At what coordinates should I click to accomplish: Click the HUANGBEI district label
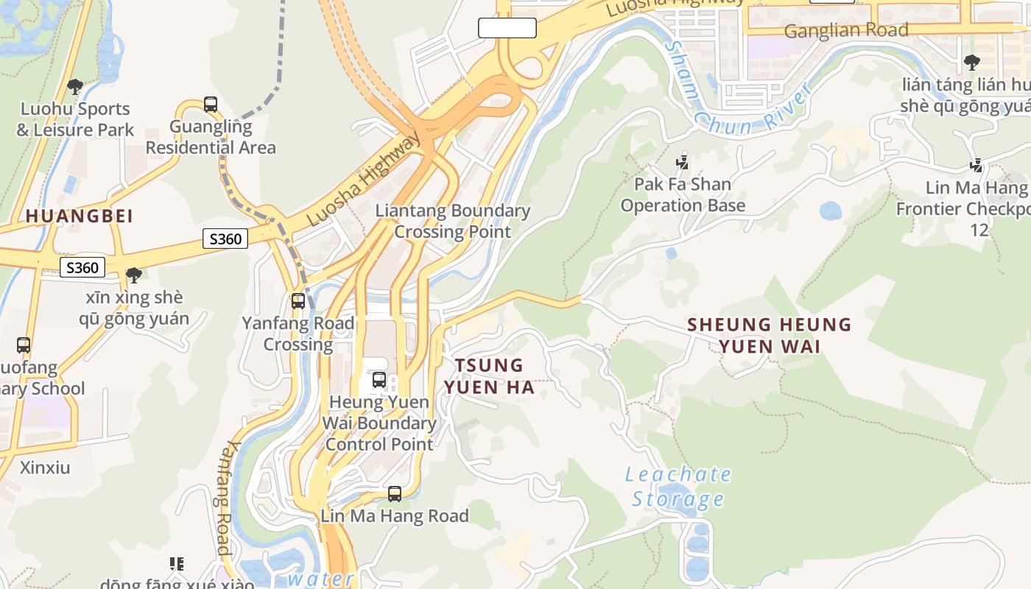pyautogui.click(x=80, y=216)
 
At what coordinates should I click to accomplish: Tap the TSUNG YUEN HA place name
pyautogui.click(x=489, y=375)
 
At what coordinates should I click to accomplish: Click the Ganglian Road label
pyautogui.click(x=846, y=31)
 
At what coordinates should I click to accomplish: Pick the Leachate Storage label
pyautogui.click(x=678, y=487)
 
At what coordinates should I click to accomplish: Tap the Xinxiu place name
pyautogui.click(x=45, y=468)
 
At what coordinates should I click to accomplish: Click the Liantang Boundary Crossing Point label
pyautogui.click(x=453, y=221)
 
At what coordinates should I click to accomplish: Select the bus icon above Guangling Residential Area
pyautogui.click(x=211, y=105)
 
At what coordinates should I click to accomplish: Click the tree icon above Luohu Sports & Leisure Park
pyautogui.click(x=74, y=87)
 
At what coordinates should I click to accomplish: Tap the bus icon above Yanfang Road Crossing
pyautogui.click(x=298, y=300)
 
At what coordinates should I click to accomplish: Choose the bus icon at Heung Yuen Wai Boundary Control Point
pyautogui.click(x=379, y=380)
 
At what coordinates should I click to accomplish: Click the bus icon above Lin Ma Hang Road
pyautogui.click(x=395, y=494)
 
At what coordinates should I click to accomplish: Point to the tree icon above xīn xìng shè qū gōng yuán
pyautogui.click(x=134, y=275)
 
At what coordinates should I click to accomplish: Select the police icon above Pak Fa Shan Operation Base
pyautogui.click(x=683, y=161)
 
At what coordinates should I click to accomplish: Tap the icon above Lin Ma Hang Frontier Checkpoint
pyautogui.click(x=977, y=166)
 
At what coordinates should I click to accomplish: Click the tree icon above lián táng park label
pyautogui.click(x=972, y=63)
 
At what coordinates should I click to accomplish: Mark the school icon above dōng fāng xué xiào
pyautogui.click(x=177, y=564)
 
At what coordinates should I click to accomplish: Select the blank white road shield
pyautogui.click(x=507, y=28)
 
